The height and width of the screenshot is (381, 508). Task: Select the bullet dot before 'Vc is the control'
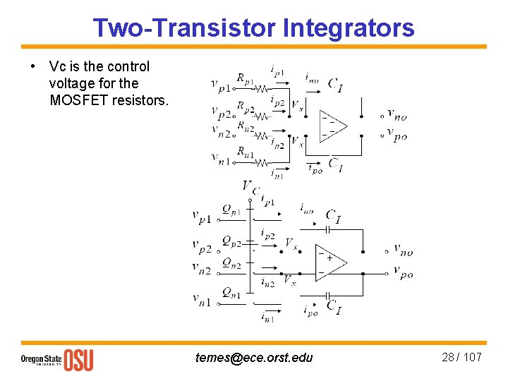[33, 67]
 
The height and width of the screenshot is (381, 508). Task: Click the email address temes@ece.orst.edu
[254, 358]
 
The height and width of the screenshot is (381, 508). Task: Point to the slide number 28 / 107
[461, 357]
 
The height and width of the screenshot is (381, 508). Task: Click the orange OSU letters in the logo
[78, 359]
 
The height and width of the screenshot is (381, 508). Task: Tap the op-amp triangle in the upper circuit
[333, 125]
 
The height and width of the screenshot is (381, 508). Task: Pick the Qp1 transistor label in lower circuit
[231, 210]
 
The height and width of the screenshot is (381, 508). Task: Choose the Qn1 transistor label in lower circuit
[231, 292]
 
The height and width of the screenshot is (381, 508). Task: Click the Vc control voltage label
[250, 187]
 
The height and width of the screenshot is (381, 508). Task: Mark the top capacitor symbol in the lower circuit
[327, 229]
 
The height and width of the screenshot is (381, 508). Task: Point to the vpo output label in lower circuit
[404, 271]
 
